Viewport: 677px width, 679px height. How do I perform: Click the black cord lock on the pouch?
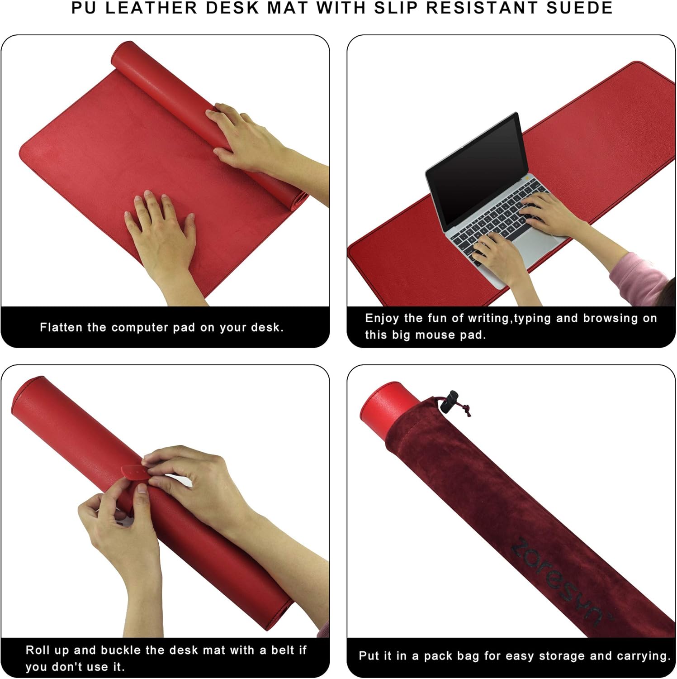[451, 401]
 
